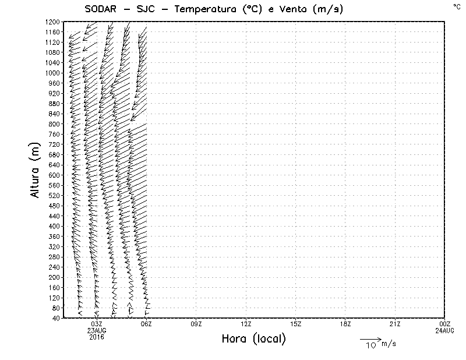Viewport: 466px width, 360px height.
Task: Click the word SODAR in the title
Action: [x=100, y=8]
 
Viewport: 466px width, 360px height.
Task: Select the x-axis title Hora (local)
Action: [x=253, y=339]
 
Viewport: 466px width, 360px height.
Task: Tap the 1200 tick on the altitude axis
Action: [x=53, y=22]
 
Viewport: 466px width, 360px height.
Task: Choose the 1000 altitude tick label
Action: [x=53, y=73]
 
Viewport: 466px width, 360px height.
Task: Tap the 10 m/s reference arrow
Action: [x=370, y=338]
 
